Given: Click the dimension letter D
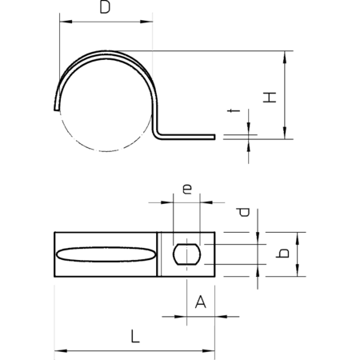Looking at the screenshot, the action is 105,7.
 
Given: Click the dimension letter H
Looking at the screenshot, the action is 270,98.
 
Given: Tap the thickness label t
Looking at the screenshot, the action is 234,110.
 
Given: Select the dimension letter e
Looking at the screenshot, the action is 187,189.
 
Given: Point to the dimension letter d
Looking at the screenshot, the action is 243,212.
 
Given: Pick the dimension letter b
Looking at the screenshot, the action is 282,254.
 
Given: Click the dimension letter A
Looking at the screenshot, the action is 201,302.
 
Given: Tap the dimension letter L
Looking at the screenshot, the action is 135,336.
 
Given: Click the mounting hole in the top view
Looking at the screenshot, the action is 186,254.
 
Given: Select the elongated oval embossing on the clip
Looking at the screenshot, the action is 106,254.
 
